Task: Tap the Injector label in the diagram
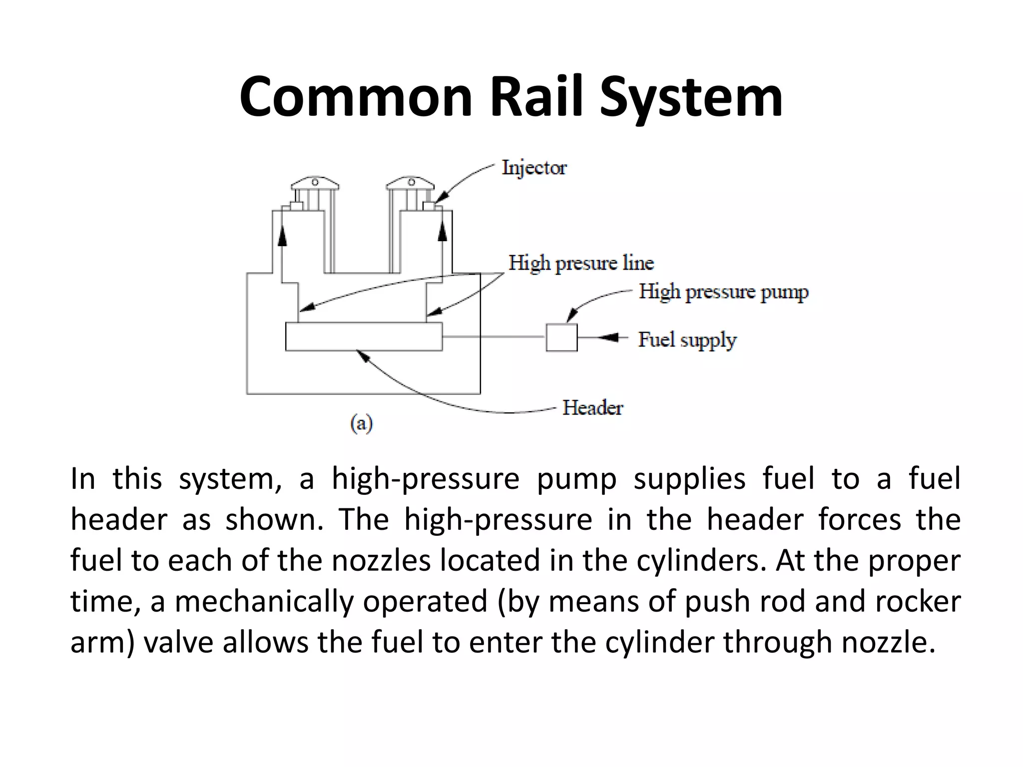point(534,168)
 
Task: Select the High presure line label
point(581,263)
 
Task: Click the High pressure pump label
point(723,292)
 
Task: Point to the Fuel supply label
point(687,340)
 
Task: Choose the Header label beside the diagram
point(592,408)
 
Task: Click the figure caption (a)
point(361,424)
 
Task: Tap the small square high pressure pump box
point(561,338)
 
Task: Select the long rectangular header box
point(364,337)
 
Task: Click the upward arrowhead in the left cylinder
point(282,236)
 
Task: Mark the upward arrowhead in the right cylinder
point(442,233)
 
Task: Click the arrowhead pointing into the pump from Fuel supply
point(607,338)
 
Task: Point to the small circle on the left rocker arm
point(315,182)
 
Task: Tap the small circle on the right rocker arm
point(411,182)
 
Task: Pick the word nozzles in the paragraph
point(381,560)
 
